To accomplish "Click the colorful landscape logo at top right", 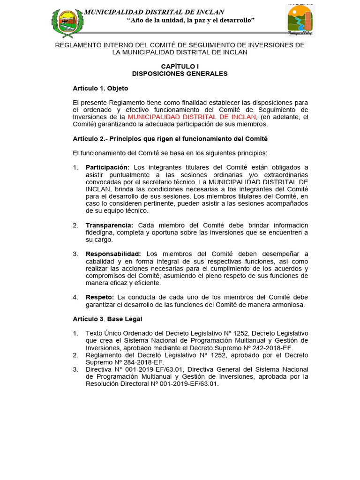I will pos(300,21).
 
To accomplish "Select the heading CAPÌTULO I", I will pos(180,67).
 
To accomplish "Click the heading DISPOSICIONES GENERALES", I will pos(180,74).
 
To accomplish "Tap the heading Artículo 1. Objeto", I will pos(100,88).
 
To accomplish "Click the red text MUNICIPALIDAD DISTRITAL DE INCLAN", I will pos(192,117).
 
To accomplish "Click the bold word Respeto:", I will pos(99,297).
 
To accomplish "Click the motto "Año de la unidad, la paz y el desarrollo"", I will pos(191,20).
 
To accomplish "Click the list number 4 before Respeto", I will pos(75,297).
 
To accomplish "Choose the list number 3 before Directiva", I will pos(75,369).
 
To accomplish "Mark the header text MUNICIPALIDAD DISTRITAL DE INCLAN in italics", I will pos(154,12).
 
